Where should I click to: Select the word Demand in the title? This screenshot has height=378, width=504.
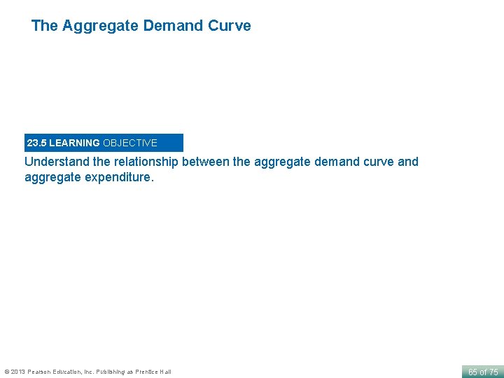173,26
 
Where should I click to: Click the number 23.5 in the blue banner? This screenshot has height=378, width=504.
36,143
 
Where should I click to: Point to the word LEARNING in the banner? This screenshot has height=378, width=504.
74,143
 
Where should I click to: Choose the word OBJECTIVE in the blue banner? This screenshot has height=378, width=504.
130,143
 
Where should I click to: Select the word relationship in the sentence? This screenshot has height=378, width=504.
145,162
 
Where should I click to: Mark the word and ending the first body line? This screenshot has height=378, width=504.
407,162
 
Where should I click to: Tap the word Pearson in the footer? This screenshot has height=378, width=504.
40,372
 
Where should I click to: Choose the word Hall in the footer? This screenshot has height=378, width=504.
165,372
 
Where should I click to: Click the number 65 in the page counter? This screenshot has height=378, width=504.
472,372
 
